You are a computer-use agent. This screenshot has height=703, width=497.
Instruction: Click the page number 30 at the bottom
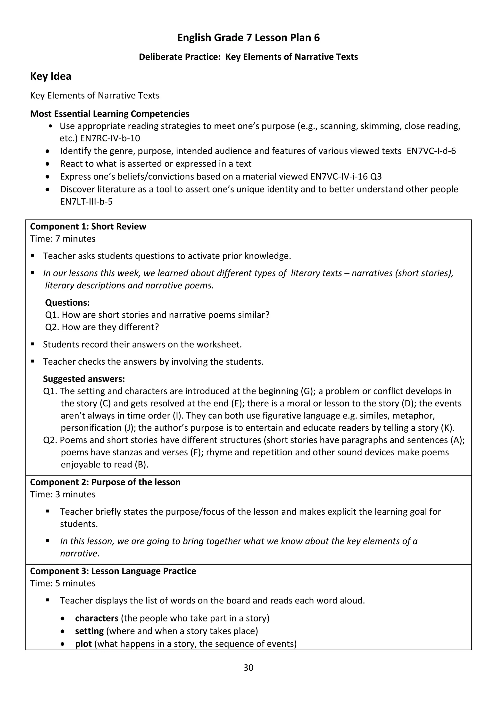[x=248, y=668]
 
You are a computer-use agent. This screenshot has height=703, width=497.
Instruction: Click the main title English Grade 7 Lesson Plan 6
[x=248, y=38]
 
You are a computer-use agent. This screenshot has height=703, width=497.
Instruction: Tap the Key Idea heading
[x=50, y=76]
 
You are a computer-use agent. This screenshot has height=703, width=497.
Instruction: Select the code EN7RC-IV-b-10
[x=110, y=138]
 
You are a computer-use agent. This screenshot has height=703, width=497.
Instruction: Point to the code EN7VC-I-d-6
[x=431, y=151]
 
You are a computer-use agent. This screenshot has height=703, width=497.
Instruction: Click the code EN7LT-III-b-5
[x=86, y=202]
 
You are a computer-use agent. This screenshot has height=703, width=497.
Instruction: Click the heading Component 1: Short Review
[x=88, y=226]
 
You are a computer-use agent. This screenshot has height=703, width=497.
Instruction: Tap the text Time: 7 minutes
[x=63, y=239]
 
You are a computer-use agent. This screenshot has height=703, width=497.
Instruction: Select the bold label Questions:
[x=67, y=302]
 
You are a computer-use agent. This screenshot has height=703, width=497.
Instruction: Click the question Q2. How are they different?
[x=102, y=327]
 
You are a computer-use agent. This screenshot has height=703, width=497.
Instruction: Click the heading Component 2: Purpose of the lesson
[x=105, y=482]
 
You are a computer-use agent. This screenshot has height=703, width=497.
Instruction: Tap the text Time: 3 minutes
[x=63, y=494]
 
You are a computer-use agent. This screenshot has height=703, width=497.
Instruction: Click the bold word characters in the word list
[x=97, y=618]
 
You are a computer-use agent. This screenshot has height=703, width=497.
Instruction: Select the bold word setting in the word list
[x=89, y=631]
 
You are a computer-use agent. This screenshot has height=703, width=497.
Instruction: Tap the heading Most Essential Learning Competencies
[x=109, y=114]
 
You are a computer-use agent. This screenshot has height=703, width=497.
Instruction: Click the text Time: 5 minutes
[x=63, y=583]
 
